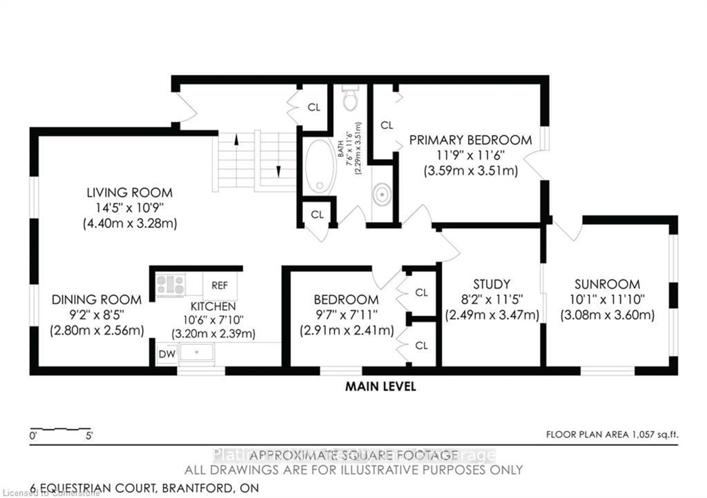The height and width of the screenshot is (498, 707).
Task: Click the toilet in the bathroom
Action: pyautogui.click(x=350, y=98)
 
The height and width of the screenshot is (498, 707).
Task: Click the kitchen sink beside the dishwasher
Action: pyautogui.click(x=196, y=352)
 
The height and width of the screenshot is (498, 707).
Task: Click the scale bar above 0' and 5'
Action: pyautogui.click(x=60, y=428)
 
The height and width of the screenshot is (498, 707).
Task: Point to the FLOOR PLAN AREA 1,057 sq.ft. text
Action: pyautogui.click(x=612, y=435)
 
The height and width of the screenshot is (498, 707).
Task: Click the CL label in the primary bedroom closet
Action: pyautogui.click(x=387, y=125)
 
